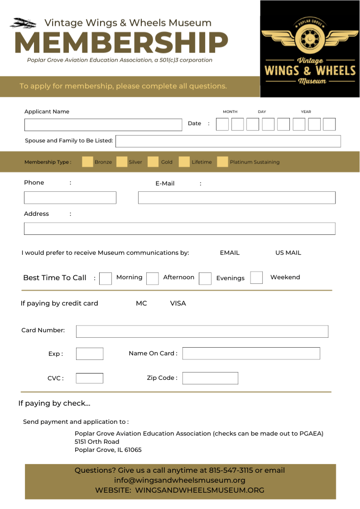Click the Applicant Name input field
tap(103, 125)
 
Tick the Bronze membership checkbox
tap(87, 162)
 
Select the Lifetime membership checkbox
tap(184, 162)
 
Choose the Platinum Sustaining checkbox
tap(222, 162)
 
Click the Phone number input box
tap(70, 198)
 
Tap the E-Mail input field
tap(236, 198)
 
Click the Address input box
tap(179, 228)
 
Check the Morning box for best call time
tap(106, 278)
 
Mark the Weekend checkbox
tap(256, 277)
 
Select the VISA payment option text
tap(178, 303)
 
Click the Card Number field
tap(202, 331)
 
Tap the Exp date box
tap(90, 354)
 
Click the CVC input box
tap(90, 378)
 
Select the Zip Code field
tap(210, 378)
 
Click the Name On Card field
tap(251, 354)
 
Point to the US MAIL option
tap(288, 253)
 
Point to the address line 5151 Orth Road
tap(97, 441)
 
